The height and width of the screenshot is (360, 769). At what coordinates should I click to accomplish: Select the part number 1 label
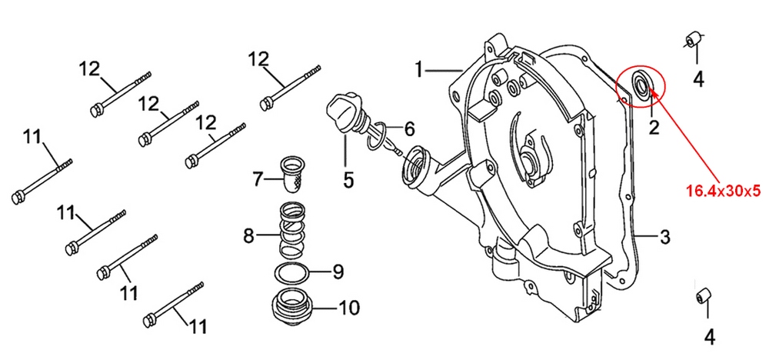click(419, 71)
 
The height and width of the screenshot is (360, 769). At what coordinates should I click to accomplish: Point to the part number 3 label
click(664, 237)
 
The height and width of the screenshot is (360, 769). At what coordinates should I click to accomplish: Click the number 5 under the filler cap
click(348, 180)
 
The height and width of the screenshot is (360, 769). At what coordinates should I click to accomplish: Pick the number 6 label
click(408, 128)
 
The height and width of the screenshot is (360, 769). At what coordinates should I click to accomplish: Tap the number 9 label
click(337, 272)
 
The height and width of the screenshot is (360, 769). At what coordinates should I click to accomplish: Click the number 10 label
click(348, 308)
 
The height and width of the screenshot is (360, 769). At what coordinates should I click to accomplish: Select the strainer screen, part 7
click(293, 174)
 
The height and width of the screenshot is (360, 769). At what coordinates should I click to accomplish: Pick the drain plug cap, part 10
click(291, 307)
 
